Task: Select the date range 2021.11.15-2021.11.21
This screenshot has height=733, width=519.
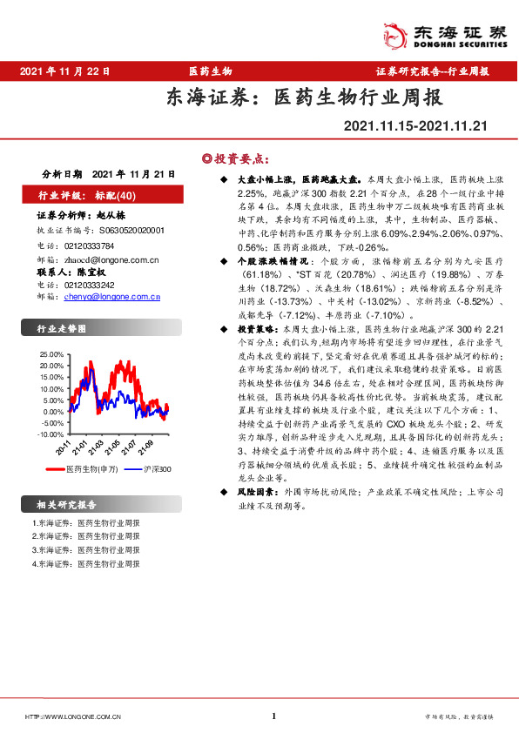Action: pyautogui.click(x=415, y=128)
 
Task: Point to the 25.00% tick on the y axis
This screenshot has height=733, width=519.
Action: pyautogui.click(x=53, y=356)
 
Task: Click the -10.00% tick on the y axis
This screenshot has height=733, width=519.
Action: pyautogui.click(x=51, y=434)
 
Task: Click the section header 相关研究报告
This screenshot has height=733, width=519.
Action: pyautogui.click(x=67, y=505)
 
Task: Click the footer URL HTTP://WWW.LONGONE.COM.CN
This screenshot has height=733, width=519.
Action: pyautogui.click(x=73, y=716)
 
